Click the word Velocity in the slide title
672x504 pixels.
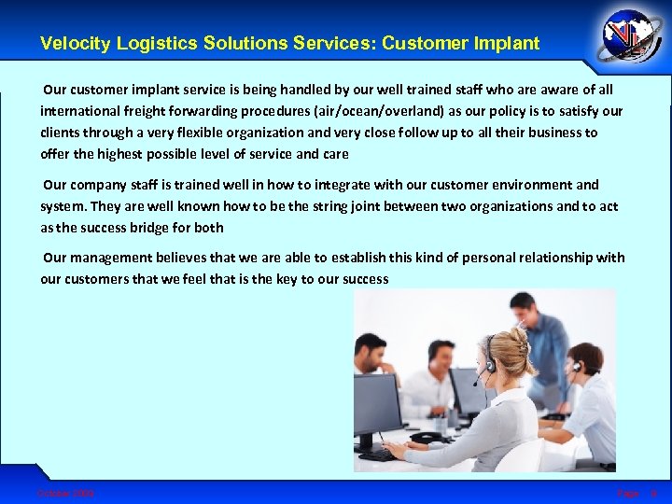tap(69, 43)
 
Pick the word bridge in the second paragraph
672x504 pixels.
tap(142, 227)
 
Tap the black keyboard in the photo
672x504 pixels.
tap(379, 454)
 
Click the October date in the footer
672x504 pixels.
tap(65, 493)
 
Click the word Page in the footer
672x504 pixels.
tap(627, 493)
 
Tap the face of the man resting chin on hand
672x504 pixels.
tap(371, 355)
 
